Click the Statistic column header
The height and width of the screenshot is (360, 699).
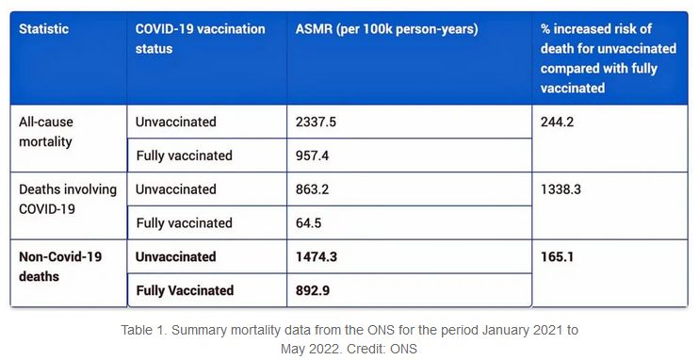(43, 29)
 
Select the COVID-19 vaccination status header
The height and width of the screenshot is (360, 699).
(200, 39)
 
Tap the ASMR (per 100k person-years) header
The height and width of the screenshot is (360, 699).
(386, 29)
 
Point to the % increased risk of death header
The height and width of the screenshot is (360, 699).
(609, 58)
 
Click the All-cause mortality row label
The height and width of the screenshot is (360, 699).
(46, 132)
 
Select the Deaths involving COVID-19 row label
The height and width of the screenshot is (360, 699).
(68, 199)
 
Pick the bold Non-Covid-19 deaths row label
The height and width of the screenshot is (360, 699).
(60, 267)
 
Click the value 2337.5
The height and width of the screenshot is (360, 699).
(316, 122)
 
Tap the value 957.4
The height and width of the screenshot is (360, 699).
(312, 155)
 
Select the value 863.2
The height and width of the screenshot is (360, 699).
(312, 189)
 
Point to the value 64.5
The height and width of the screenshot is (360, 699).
(308, 223)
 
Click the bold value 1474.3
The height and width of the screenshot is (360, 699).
(317, 257)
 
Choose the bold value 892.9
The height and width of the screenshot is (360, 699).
(313, 291)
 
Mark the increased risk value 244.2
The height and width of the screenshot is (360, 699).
(558, 122)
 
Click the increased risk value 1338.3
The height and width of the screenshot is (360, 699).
(561, 189)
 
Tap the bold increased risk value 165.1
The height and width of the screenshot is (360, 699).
(558, 257)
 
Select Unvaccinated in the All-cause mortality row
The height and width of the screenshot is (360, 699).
(175, 122)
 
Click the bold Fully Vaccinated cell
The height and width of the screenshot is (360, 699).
(185, 291)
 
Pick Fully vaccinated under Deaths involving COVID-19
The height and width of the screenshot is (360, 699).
(184, 223)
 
